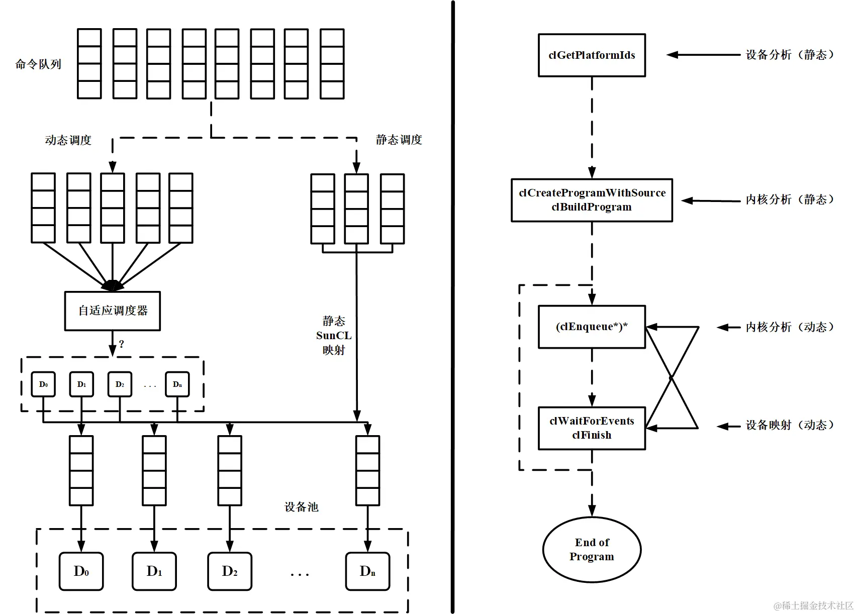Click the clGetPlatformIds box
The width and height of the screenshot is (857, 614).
pos(592,55)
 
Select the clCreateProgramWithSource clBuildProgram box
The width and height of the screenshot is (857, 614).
pos(592,200)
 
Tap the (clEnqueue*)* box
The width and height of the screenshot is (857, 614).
pos(592,327)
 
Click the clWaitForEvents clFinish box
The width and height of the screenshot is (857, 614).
pos(592,428)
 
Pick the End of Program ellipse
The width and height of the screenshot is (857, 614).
pos(592,550)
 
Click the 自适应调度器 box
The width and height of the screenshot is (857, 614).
pos(113,311)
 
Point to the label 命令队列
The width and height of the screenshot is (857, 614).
pos(38,64)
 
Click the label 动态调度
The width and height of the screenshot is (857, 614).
pos(68,140)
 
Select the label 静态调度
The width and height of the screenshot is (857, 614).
pos(399,140)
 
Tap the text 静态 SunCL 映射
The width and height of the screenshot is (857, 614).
pos(334,335)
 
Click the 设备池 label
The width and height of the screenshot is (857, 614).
pos(302,507)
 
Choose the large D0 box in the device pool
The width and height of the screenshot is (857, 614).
pos(81,571)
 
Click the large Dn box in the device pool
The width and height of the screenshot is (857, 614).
pos(367,571)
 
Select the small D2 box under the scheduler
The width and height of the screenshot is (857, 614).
pos(120,384)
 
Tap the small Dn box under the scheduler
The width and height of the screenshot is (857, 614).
pos(177,384)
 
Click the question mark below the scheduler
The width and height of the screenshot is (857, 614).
pos(121,344)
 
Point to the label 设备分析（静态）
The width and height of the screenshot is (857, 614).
pos(789,55)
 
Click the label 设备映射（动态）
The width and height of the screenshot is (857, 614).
pos(789,425)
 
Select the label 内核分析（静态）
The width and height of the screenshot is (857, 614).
pos(789,199)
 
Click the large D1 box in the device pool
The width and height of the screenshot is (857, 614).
pos(154,571)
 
